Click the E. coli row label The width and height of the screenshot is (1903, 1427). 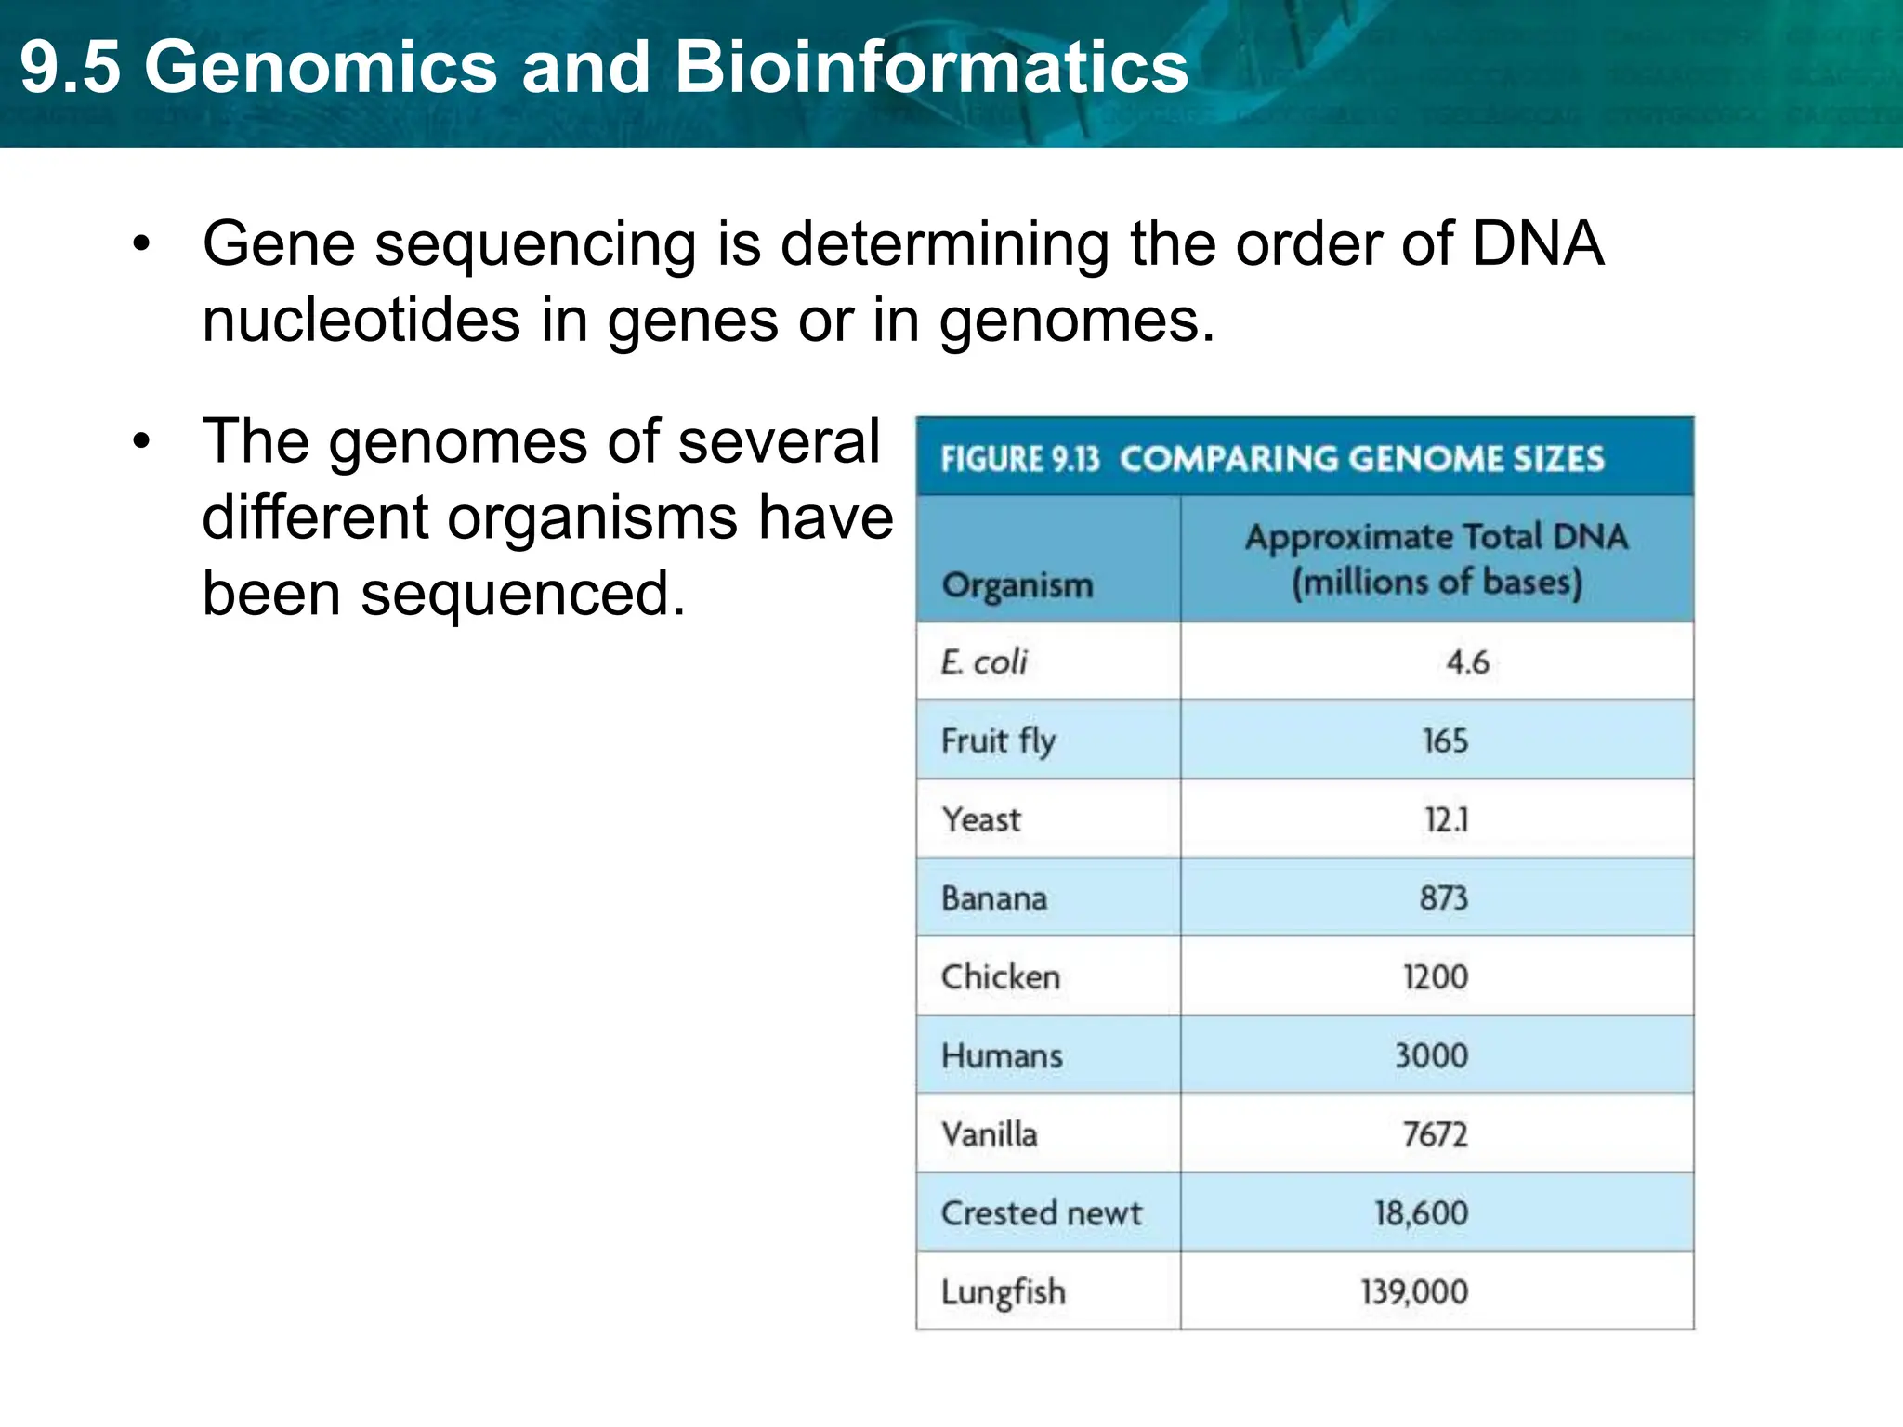pos(984,661)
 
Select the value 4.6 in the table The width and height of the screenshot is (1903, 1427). pos(1467,661)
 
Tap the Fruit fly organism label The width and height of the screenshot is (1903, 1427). pos(998,740)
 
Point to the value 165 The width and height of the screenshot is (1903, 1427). pos(1445,740)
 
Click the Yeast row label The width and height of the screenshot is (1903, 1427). pos(980,819)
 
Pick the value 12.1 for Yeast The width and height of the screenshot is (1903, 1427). pos(1446,819)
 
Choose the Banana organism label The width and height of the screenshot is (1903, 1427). pos(993,898)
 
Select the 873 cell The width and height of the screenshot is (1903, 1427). pos(1443,898)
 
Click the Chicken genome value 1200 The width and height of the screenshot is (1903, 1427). pos(1436,976)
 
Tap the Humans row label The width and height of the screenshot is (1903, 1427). pos(1001,1055)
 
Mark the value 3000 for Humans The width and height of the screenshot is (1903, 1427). pos(1431,1055)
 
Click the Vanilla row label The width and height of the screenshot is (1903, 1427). pos(989,1134)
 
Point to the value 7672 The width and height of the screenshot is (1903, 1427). pos(1435,1134)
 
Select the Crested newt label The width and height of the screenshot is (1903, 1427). pos(1041,1212)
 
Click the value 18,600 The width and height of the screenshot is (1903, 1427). pos(1421,1212)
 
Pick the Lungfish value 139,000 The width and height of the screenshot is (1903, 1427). pos(1414,1291)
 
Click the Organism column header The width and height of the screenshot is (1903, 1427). pos(1017,585)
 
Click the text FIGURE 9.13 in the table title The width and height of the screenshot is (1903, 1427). pos(1019,459)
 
